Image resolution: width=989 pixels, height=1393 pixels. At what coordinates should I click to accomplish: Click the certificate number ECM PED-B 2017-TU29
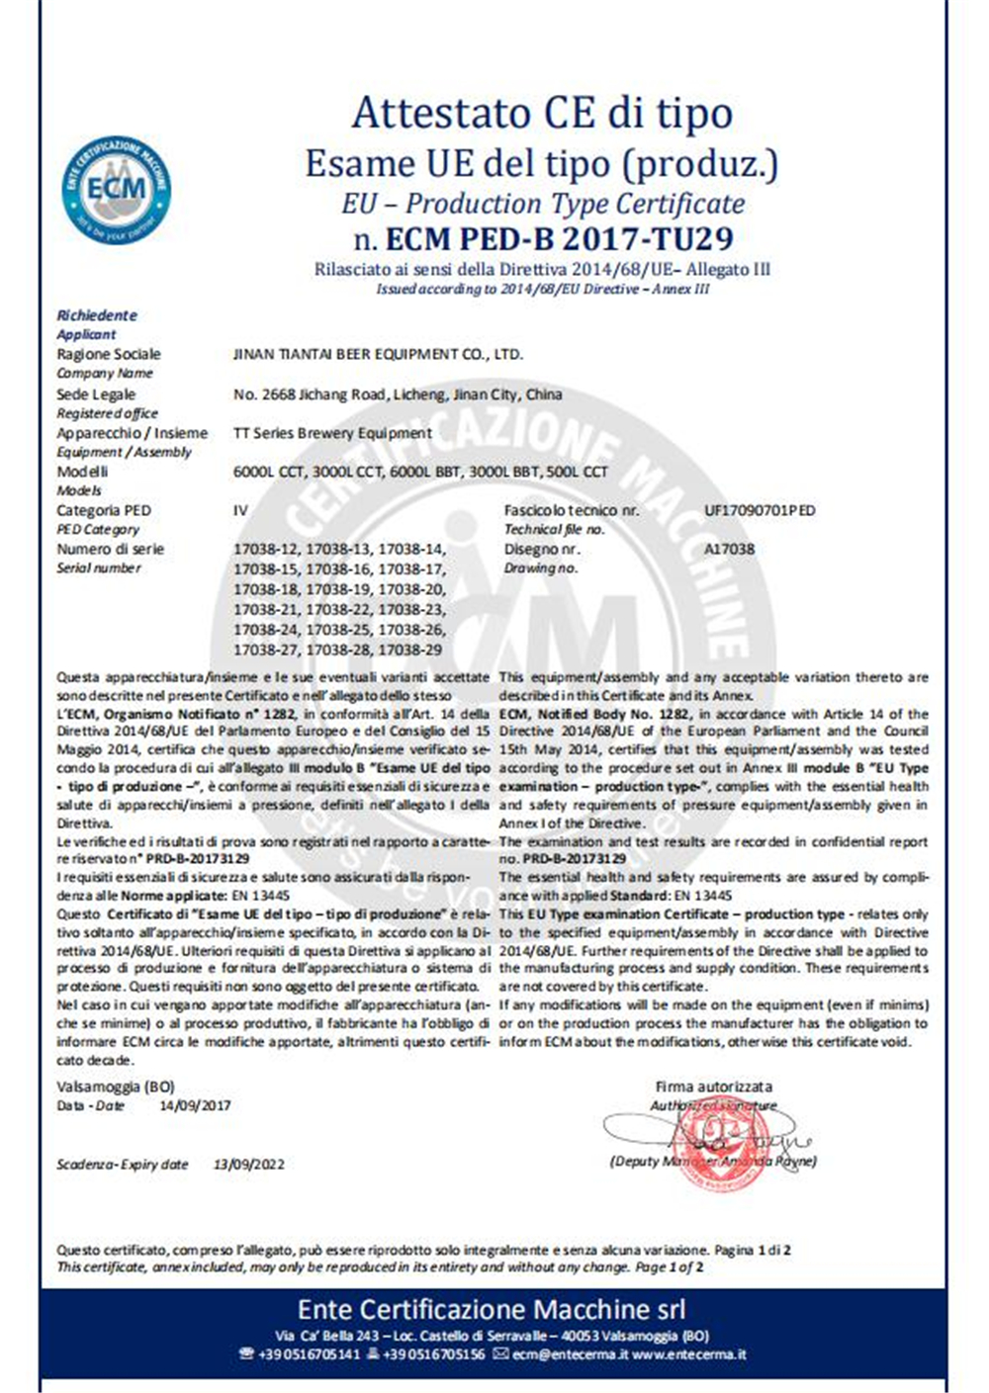pyautogui.click(x=543, y=238)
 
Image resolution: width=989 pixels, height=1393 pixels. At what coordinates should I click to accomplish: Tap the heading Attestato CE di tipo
pyautogui.click(x=542, y=113)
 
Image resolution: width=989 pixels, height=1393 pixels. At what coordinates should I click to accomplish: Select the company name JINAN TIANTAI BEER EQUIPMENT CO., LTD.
pyautogui.click(x=378, y=354)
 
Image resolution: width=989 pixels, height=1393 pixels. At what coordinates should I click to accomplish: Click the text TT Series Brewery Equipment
pyautogui.click(x=332, y=432)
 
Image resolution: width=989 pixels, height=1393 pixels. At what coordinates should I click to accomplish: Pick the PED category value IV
pyautogui.click(x=240, y=510)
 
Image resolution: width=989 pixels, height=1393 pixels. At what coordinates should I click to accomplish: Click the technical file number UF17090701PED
pyautogui.click(x=760, y=510)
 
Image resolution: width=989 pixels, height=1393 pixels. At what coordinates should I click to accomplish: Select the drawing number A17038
pyautogui.click(x=729, y=549)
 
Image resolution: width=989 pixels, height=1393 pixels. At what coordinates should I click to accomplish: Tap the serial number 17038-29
pyautogui.click(x=412, y=650)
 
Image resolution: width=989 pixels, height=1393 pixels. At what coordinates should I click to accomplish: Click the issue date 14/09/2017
pyautogui.click(x=195, y=1105)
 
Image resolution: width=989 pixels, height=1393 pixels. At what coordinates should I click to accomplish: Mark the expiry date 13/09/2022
pyautogui.click(x=248, y=1164)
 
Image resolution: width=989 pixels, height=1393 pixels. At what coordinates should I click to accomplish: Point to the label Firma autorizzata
pyautogui.click(x=713, y=1087)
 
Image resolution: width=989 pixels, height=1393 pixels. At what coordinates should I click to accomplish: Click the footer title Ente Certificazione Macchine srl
pyautogui.click(x=492, y=1310)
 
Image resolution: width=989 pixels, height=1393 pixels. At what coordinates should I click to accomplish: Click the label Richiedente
pyautogui.click(x=97, y=315)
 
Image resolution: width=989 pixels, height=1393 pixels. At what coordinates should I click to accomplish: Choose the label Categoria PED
pyautogui.click(x=104, y=510)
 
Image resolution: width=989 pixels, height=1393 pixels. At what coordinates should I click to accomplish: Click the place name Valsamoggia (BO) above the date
pyautogui.click(x=115, y=1087)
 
